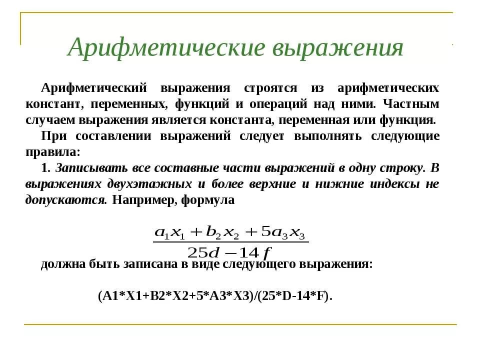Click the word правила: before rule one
52,152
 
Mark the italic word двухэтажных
149,184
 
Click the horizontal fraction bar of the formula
230,242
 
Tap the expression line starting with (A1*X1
215,295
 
